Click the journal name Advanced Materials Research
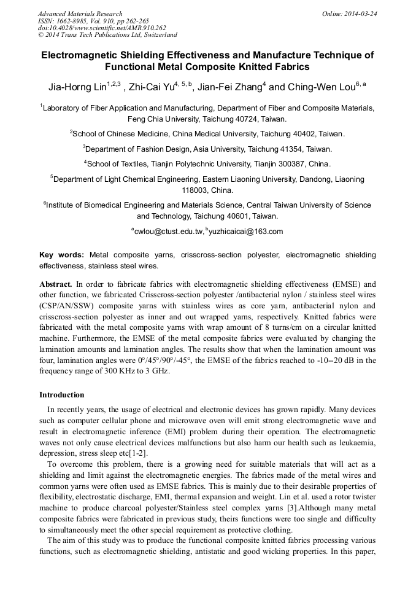(x=80, y=14)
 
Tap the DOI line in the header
(x=102, y=28)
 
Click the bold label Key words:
(x=62, y=255)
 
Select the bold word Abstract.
(x=56, y=285)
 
